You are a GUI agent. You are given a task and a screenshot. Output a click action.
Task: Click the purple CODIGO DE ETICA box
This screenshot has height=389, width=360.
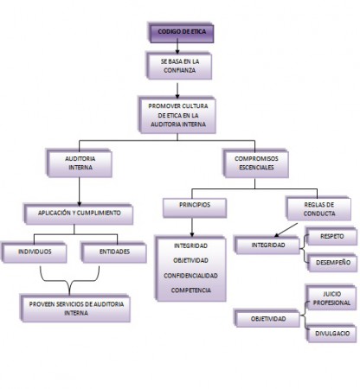click(x=178, y=32)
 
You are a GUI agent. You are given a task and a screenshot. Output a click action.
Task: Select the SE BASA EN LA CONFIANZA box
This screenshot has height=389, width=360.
click(x=178, y=68)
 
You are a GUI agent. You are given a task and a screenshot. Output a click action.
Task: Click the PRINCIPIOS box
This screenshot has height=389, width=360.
click(x=193, y=207)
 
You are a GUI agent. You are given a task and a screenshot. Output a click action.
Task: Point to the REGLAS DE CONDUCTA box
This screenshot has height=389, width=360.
click(x=318, y=208)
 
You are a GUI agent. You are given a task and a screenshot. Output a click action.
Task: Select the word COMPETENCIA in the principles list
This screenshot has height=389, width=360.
click(x=193, y=290)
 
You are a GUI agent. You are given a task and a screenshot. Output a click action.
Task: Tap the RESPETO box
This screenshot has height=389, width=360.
click(x=331, y=235)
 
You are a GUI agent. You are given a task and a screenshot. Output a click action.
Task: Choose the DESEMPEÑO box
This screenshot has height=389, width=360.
click(x=331, y=264)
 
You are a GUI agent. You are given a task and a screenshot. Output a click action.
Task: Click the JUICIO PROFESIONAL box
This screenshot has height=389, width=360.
click(x=331, y=299)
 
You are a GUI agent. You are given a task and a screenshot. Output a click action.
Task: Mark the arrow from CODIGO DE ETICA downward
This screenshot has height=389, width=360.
click(x=178, y=48)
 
